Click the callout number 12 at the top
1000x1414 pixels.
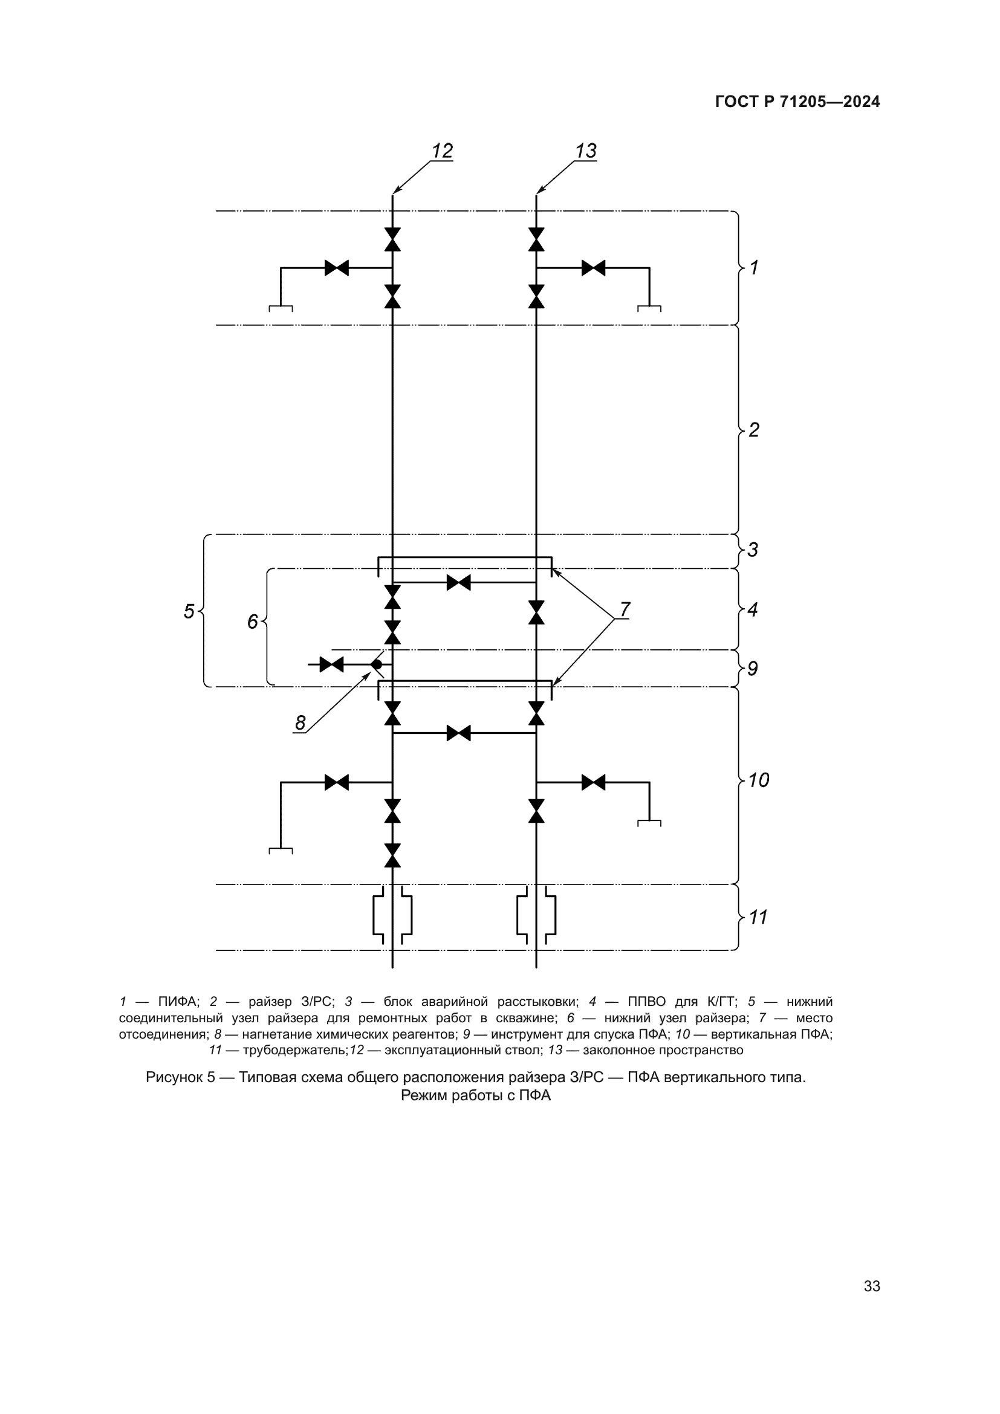(x=442, y=151)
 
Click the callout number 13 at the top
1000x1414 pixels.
(x=586, y=151)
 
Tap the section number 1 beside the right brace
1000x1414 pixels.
(x=754, y=267)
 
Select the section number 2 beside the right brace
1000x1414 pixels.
(x=754, y=430)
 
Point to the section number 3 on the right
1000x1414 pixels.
(x=753, y=550)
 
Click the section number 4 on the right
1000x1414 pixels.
(x=753, y=610)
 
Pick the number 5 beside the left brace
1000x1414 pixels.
(x=189, y=612)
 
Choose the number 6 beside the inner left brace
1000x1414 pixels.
(x=253, y=622)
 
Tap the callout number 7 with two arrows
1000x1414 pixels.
(x=625, y=609)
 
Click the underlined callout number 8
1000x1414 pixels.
(x=300, y=723)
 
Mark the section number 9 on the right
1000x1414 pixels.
(x=753, y=669)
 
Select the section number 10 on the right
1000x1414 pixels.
(x=759, y=781)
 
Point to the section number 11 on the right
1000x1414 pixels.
(x=758, y=918)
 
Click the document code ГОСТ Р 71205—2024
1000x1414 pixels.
(x=797, y=102)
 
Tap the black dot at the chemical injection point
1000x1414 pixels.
(x=376, y=664)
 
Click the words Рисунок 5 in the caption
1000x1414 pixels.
(x=180, y=1077)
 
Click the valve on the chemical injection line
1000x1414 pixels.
(x=332, y=664)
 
